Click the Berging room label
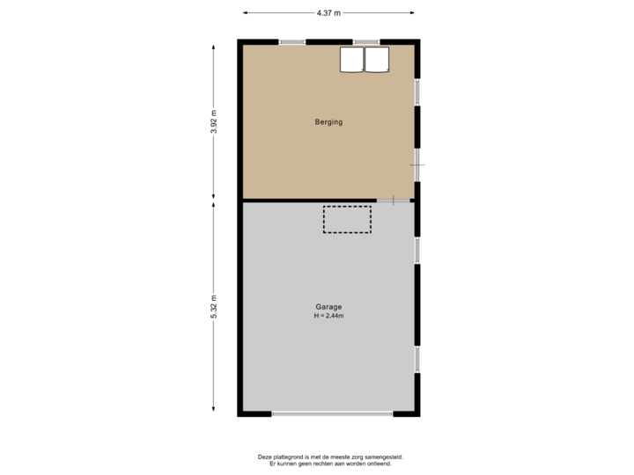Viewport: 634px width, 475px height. [328, 122]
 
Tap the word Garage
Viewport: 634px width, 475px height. [328, 307]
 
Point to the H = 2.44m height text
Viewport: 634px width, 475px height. [328, 316]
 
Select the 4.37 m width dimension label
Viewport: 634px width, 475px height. [328, 12]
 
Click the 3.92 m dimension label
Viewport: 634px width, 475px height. [213, 121]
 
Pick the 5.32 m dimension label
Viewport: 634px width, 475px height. [213, 306]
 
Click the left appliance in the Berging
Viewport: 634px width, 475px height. [351, 59]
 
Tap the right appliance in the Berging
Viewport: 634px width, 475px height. [377, 59]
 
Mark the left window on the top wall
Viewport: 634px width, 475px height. [292, 42]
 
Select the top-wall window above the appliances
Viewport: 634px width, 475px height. [366, 42]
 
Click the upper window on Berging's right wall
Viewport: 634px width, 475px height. [418, 91]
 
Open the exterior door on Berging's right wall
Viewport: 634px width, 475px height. [418, 164]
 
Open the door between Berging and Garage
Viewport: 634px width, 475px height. [394, 201]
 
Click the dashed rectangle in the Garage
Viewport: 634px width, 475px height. [347, 219]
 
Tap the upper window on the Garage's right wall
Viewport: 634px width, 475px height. [418, 251]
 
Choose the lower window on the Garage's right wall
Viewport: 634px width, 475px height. [418, 358]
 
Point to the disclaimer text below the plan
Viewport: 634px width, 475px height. [329, 458]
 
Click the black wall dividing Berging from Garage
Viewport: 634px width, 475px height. [308, 201]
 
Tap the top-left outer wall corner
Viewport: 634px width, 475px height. [240, 42]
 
